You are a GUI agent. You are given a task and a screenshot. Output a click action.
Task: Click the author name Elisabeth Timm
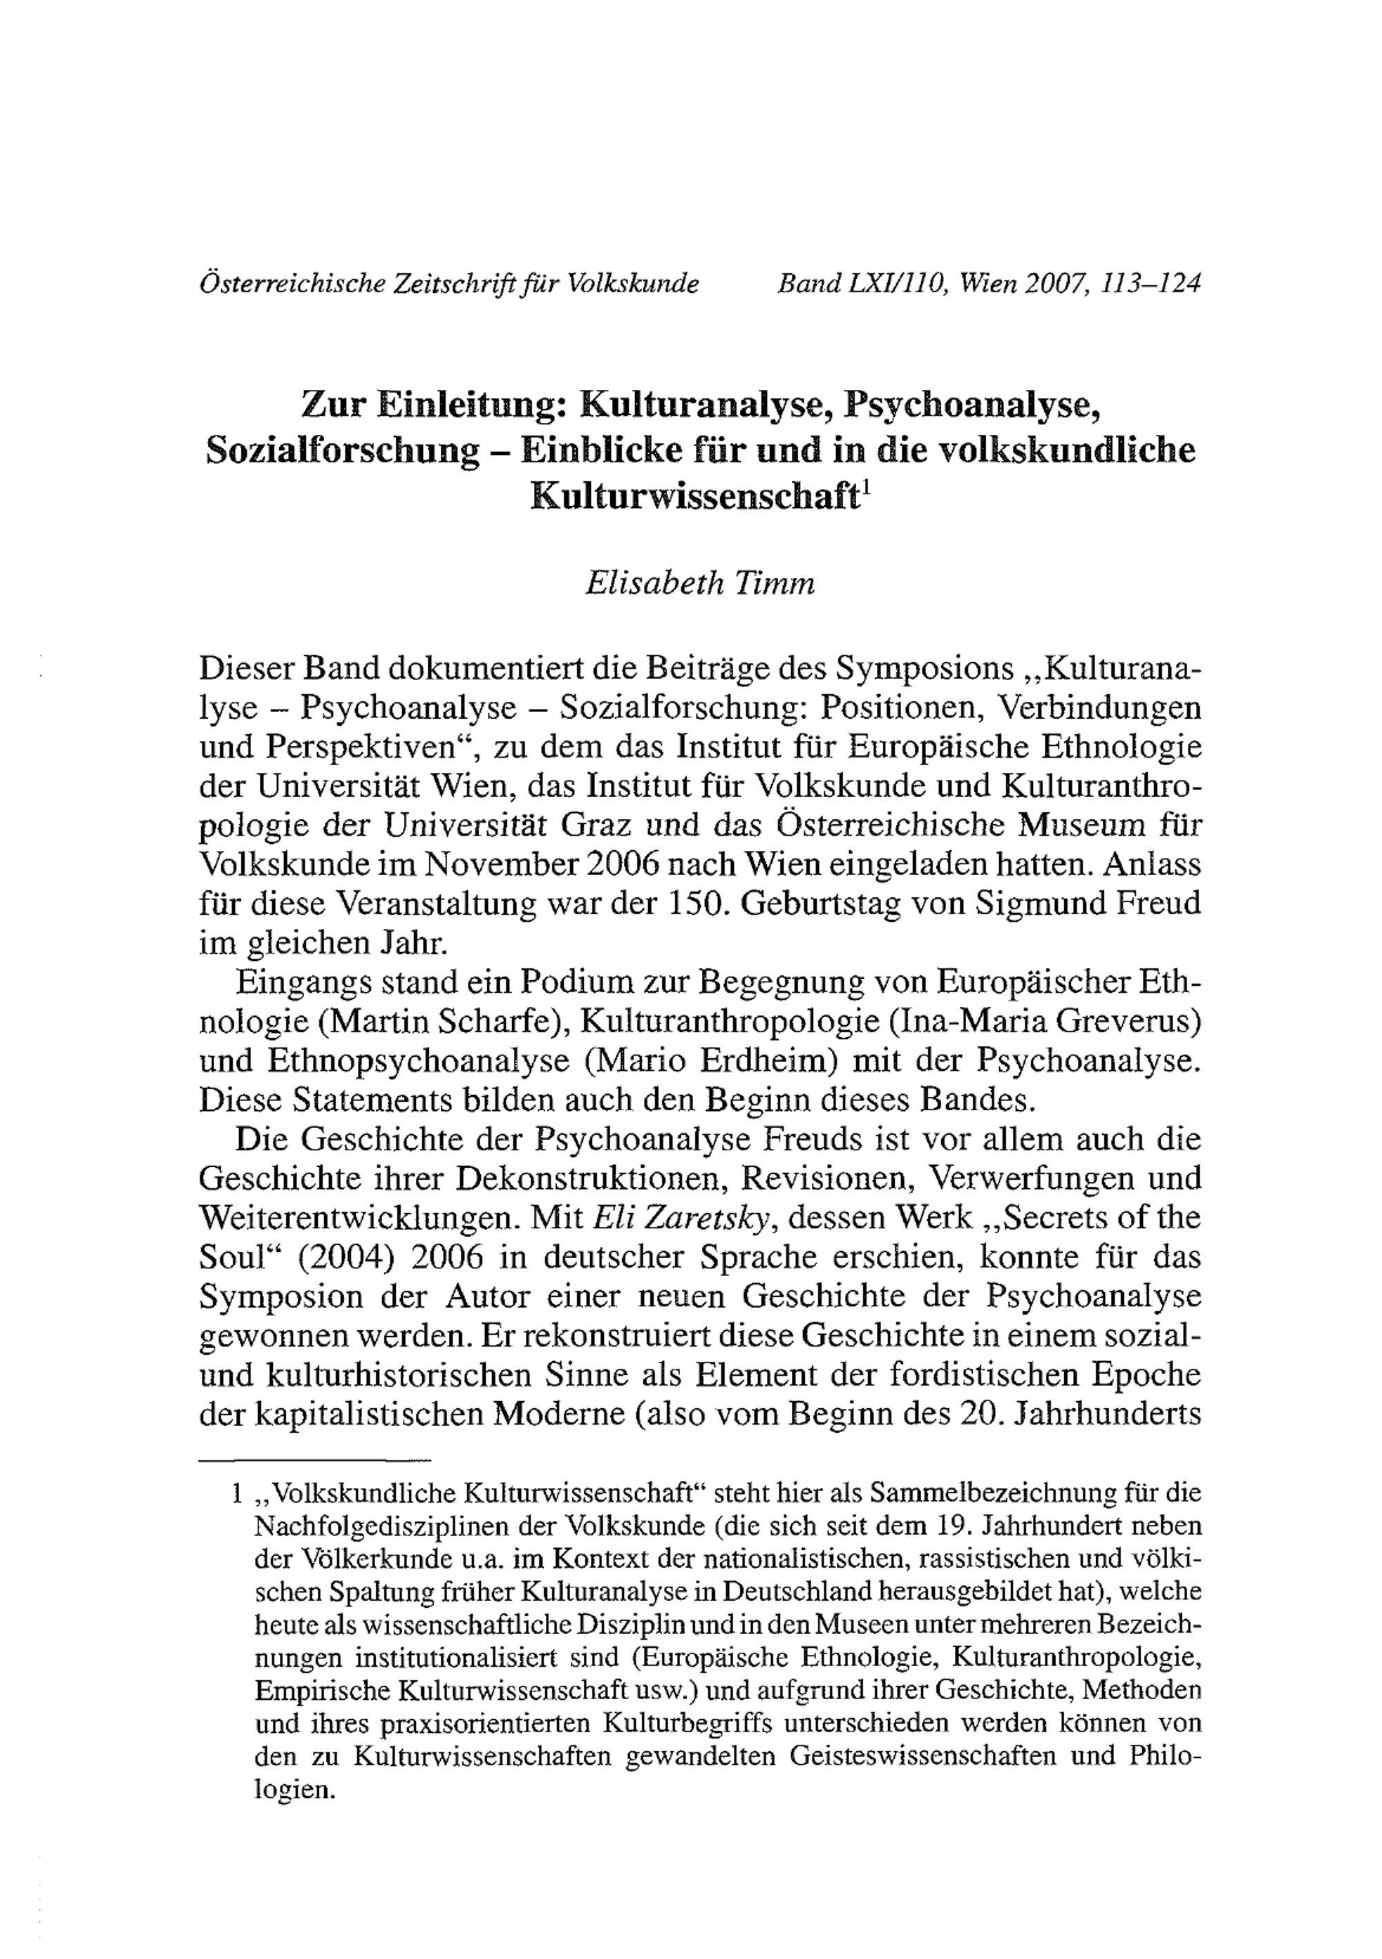[699, 582]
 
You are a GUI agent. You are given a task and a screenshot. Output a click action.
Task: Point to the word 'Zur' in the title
[332, 404]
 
